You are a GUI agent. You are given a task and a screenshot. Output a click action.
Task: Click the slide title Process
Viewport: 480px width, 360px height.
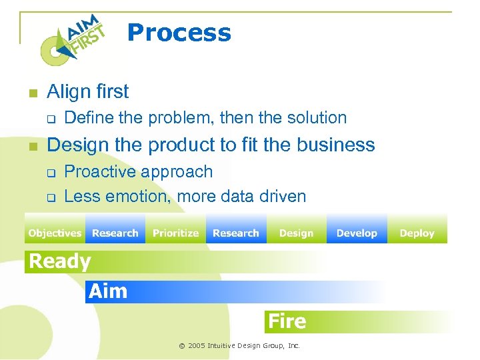(179, 33)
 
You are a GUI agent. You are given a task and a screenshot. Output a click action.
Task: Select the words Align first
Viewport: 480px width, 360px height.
(88, 91)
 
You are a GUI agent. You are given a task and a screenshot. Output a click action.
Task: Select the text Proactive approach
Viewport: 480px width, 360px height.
(139, 171)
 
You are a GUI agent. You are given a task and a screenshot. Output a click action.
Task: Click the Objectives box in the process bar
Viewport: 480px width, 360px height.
(55, 233)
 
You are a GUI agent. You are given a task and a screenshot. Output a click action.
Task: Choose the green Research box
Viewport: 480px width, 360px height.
(115, 233)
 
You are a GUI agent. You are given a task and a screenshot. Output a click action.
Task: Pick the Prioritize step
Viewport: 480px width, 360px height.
(175, 233)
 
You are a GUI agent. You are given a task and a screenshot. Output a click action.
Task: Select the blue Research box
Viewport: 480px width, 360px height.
(236, 233)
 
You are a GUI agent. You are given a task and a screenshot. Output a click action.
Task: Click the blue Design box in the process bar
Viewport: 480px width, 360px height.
(296, 233)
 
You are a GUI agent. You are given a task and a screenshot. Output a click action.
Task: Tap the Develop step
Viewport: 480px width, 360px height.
(357, 233)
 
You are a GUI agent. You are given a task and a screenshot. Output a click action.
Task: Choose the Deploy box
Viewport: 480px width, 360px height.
(417, 233)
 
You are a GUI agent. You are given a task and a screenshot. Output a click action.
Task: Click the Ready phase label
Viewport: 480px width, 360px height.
(60, 261)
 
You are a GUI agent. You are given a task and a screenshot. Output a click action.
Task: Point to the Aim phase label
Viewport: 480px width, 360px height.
(107, 291)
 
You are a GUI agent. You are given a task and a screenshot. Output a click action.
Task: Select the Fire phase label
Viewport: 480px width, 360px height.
(287, 321)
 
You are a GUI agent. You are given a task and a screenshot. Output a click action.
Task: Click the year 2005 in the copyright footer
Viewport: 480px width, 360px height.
(197, 346)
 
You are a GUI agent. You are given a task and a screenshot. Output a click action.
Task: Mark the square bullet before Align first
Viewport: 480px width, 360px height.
(31, 93)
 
